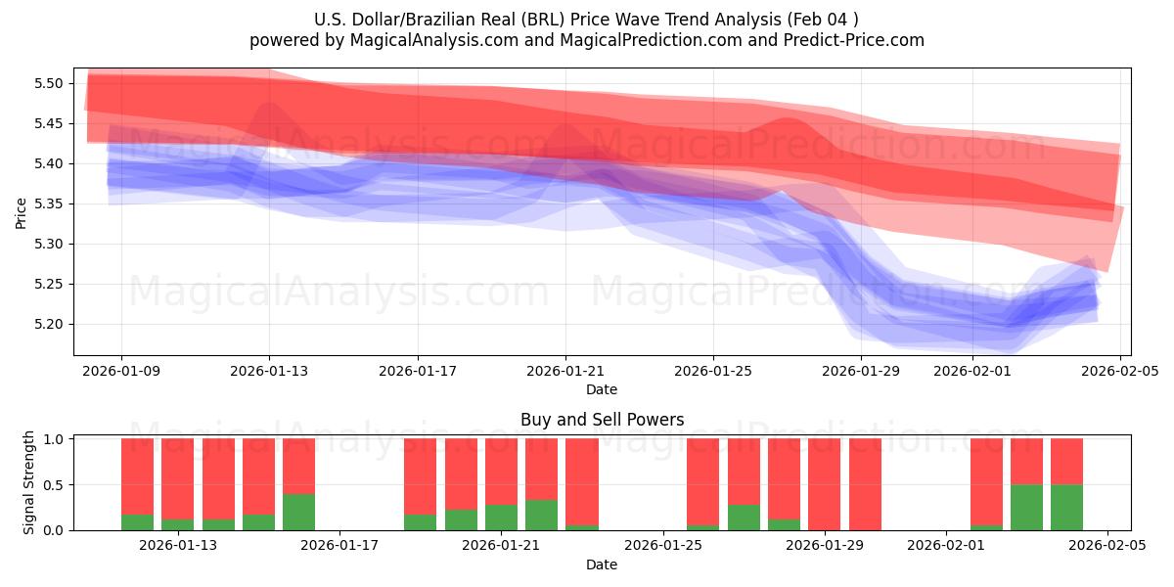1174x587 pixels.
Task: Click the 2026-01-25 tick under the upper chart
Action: coord(712,371)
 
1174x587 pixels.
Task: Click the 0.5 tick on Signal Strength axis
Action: coord(54,484)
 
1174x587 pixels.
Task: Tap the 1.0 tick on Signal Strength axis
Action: coord(54,439)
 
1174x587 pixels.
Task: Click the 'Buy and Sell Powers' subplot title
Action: coord(602,420)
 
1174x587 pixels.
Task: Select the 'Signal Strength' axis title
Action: coord(29,482)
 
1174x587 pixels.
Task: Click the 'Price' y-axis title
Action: coord(22,212)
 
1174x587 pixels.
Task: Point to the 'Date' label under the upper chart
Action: coord(602,389)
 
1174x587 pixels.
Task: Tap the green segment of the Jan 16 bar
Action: coord(299,512)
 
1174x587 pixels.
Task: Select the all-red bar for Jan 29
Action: coord(825,484)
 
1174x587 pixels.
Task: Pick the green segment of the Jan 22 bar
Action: coord(542,516)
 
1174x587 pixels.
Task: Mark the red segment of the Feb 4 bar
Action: coord(1067,461)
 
